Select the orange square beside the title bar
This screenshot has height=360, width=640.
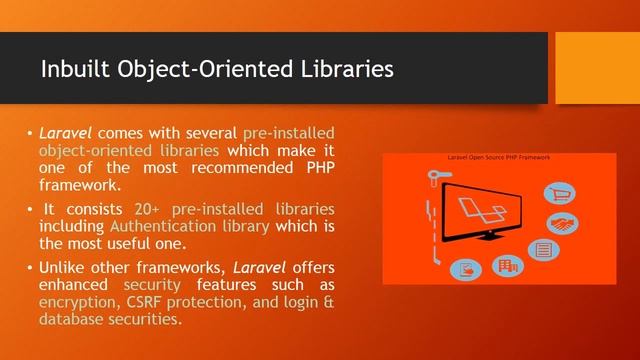coord(597,67)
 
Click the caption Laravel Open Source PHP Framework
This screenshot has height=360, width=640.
coord(498,158)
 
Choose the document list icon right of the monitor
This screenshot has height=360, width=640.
coord(545,249)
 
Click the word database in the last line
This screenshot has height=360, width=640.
coord(71,319)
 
